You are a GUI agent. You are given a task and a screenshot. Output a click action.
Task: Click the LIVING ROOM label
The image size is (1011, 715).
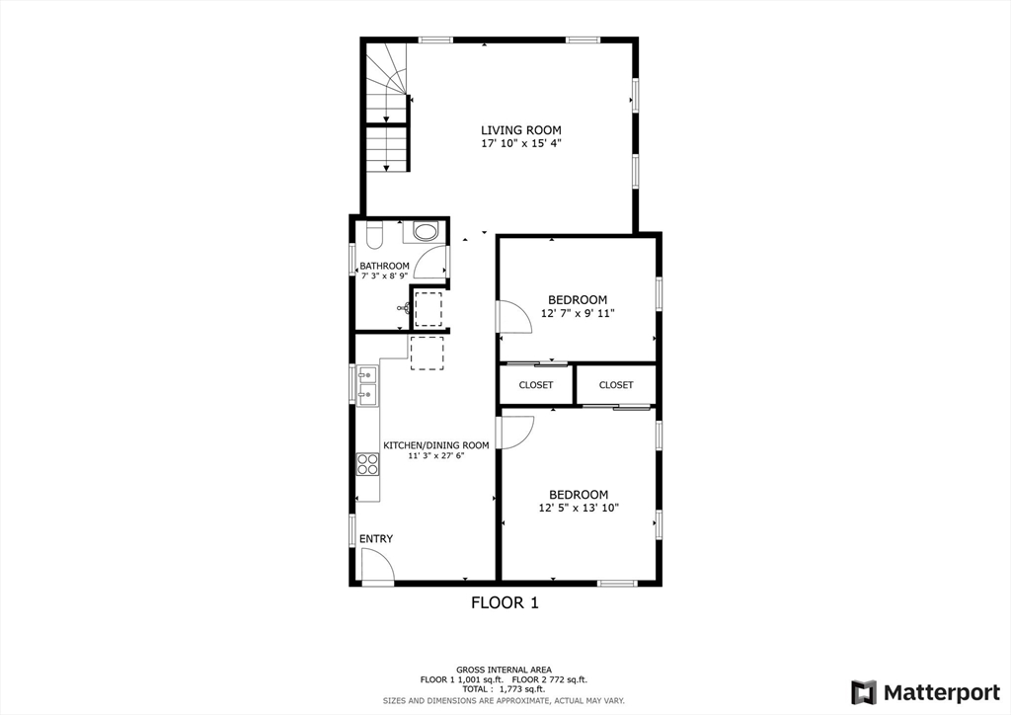point(521,130)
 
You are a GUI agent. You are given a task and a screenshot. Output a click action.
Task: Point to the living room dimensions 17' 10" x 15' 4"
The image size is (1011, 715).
point(521,144)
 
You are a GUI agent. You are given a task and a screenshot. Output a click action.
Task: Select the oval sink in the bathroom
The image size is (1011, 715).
point(426,233)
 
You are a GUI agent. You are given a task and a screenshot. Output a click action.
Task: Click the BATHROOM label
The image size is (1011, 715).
point(384,266)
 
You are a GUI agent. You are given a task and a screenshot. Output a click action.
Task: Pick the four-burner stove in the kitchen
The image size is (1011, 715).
point(368,463)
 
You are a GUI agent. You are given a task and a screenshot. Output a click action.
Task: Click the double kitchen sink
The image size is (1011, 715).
point(367,385)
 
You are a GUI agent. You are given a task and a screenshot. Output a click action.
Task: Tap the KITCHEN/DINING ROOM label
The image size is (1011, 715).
point(435,445)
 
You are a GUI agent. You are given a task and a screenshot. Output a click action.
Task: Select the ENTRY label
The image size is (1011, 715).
point(376,539)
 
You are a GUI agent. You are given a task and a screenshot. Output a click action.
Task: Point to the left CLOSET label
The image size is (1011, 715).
point(536,385)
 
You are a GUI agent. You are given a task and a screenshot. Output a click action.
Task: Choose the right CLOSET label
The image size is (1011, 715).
point(616,385)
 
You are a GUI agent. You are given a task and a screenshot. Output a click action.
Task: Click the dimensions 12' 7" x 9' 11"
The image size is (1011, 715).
point(578,314)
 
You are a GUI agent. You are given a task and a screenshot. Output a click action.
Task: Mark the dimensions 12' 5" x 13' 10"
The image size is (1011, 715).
point(578,509)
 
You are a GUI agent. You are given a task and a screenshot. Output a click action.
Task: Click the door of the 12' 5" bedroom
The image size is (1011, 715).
point(516,432)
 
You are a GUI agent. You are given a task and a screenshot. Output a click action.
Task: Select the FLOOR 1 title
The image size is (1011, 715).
point(505,602)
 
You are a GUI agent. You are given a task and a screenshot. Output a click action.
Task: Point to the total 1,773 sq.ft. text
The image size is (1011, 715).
point(505,689)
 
